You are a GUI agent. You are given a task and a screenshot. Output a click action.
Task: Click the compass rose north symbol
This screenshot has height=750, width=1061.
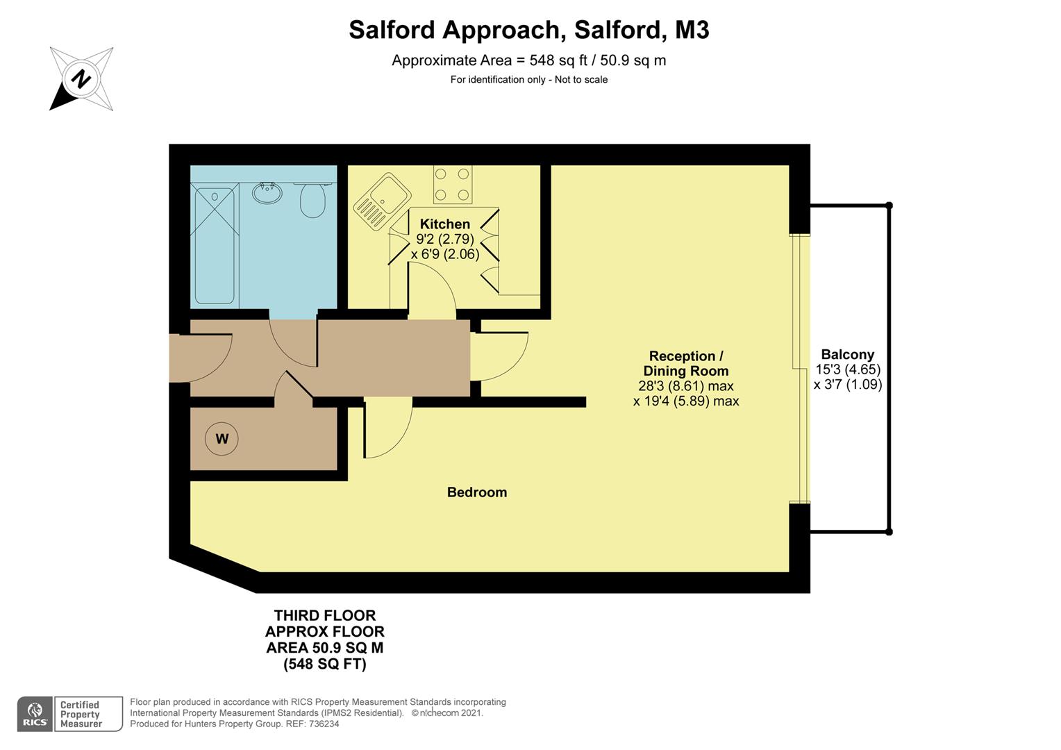point(81,78)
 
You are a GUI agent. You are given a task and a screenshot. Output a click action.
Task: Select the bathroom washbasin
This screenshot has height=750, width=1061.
point(267,193)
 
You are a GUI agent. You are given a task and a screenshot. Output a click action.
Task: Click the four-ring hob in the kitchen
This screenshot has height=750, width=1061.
point(453,185)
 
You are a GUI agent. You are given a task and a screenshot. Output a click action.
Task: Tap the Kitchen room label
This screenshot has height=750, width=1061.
point(444,224)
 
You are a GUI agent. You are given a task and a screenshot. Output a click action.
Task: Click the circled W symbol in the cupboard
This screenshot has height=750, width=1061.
point(222,438)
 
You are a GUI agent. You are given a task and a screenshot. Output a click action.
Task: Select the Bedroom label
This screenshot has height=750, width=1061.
point(476,492)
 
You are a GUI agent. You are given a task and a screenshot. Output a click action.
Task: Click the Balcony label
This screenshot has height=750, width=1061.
point(847,354)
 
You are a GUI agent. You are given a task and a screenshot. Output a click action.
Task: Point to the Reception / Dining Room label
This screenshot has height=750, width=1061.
point(685,363)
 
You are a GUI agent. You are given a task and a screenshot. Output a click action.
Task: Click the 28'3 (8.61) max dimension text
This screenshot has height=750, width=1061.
point(685,386)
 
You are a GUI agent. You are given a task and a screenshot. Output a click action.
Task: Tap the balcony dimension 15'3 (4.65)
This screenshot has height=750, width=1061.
point(847,369)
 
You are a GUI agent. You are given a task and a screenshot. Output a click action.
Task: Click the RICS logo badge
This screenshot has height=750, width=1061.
point(34,714)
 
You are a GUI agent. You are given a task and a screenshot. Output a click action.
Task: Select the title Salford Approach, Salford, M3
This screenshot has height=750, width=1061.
point(528,30)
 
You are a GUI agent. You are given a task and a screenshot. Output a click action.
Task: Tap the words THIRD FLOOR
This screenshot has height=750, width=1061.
point(324,616)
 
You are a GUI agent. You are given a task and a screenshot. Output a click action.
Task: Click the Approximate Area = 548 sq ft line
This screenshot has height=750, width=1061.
point(528,60)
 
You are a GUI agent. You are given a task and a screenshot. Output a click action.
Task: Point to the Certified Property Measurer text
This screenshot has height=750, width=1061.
point(81,714)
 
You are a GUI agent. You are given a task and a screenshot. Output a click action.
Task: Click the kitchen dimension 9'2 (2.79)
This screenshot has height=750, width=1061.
point(444,240)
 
